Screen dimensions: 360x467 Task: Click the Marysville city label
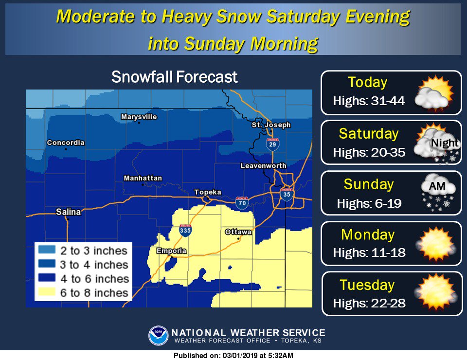coord(139,117)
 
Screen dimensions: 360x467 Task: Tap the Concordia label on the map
coord(66,143)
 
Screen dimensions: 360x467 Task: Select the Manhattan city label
coord(143,179)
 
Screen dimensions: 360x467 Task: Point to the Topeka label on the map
coord(208,192)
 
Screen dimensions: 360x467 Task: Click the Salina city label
coord(68,212)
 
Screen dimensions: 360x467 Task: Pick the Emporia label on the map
coord(171,251)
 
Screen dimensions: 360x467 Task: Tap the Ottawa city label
coord(238,232)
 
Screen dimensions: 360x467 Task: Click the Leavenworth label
coord(263,166)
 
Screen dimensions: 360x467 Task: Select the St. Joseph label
coord(271,125)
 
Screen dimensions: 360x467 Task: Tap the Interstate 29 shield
coord(272,144)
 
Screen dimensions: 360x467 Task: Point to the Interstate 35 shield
coord(287,194)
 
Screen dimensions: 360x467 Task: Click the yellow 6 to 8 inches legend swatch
coord(48,293)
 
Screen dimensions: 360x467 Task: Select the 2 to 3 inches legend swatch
coord(48,251)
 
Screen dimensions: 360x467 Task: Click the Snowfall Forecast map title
coord(175,77)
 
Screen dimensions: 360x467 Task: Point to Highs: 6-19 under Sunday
coord(369,203)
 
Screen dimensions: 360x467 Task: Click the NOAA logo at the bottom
coord(158,336)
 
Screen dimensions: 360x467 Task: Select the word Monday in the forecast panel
coord(368,234)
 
